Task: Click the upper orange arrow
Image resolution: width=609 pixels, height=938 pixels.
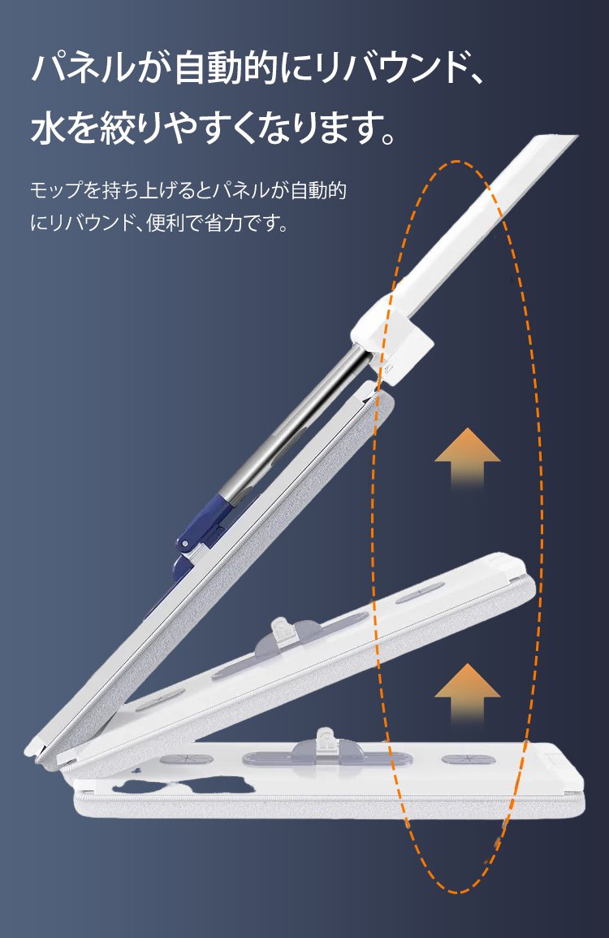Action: point(467,458)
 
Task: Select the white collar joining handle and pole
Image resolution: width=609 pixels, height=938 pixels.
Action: point(391,343)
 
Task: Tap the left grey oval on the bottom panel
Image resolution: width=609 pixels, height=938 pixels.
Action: point(187,759)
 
